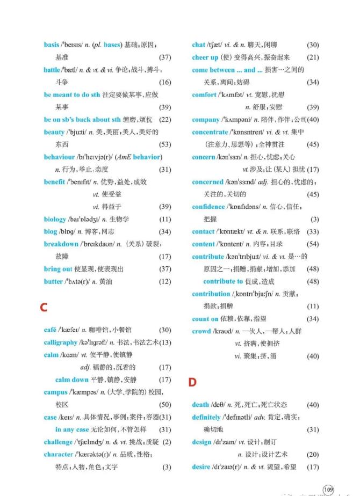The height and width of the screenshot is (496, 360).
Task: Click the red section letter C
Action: coord(44,308)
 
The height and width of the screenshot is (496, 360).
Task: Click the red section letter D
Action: coord(192,383)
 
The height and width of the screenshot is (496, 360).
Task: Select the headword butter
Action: coord(53,281)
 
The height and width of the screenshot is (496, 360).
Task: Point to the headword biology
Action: coord(55,219)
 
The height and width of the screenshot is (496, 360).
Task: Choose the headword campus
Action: coord(56,392)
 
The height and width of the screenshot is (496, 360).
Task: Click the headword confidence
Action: coord(208,207)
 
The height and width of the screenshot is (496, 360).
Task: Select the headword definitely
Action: coord(210,417)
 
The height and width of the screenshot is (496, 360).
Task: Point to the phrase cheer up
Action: coord(205,57)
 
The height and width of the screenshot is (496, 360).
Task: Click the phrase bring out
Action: coord(58,269)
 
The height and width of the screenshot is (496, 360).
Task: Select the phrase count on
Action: coord(205,319)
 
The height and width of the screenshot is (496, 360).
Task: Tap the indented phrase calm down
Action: coord(71,380)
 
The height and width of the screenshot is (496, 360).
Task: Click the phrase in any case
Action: coord(72,429)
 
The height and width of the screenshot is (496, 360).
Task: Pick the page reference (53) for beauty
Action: coord(165,144)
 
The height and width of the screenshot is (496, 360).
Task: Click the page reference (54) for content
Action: coord(312,244)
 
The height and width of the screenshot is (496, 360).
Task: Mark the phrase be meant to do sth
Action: coord(72,94)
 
